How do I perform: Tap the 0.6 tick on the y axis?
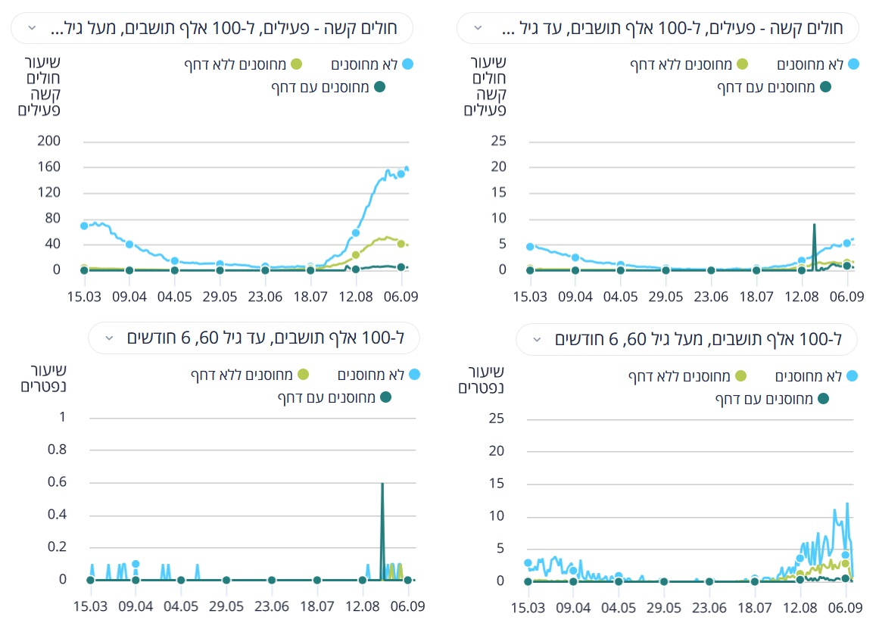click(58, 482)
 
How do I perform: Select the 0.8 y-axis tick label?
click(58, 450)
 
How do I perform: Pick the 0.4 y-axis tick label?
click(58, 515)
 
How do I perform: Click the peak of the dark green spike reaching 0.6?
click(382, 483)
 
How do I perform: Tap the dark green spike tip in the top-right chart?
click(814, 224)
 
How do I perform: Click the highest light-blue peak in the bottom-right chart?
click(847, 503)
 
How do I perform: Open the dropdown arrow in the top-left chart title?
click(32, 28)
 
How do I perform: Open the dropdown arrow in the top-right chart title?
click(477, 28)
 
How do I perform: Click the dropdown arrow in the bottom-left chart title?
click(110, 338)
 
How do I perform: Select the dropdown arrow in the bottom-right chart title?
click(537, 339)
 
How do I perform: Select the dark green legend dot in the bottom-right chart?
click(823, 398)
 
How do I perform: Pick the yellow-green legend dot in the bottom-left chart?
click(303, 374)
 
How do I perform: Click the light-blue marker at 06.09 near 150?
click(401, 173)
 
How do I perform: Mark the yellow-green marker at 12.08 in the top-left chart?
click(356, 255)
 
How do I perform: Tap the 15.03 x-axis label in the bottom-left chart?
click(90, 606)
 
